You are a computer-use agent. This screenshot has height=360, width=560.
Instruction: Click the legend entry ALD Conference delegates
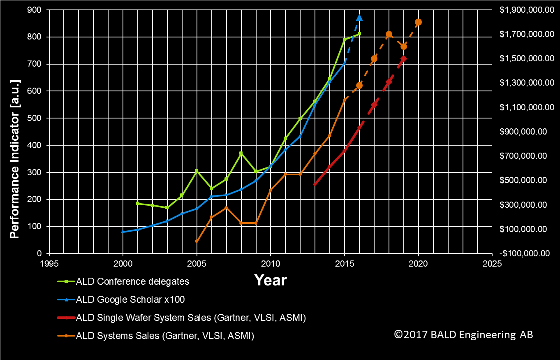click(132, 281)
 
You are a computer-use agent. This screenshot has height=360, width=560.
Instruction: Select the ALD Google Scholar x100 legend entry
click(130, 300)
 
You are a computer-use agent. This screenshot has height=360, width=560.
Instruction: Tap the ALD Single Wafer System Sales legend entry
click(191, 318)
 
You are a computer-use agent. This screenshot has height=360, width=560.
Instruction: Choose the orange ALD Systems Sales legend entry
click(165, 336)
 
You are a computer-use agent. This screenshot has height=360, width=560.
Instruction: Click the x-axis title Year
click(270, 280)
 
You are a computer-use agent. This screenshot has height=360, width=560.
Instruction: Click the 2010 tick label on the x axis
click(270, 263)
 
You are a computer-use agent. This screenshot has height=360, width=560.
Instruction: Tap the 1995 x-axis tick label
click(49, 263)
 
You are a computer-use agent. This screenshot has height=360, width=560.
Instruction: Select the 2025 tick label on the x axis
click(492, 263)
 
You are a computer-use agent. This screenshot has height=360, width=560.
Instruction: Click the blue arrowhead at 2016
click(359, 18)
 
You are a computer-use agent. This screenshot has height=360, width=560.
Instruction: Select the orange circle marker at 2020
click(418, 22)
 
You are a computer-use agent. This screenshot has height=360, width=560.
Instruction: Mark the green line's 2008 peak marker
click(241, 153)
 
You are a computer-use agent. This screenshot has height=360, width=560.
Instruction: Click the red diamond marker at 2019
click(403, 59)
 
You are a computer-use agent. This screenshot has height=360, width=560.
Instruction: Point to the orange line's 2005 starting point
click(197, 241)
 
